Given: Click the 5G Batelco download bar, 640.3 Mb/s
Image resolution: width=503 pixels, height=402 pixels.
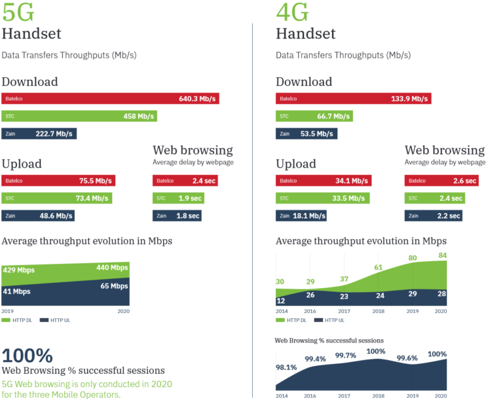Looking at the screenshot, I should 110,99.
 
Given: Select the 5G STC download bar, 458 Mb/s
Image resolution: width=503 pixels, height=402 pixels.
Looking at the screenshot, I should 79,117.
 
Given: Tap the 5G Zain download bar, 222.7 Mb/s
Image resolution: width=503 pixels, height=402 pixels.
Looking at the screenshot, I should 39,134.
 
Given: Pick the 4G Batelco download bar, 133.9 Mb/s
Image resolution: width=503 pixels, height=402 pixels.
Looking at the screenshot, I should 352,99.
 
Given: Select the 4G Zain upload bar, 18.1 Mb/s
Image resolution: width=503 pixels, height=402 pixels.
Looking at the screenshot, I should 301,215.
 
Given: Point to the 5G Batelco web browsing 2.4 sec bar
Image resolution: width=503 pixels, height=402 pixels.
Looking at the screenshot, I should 185,181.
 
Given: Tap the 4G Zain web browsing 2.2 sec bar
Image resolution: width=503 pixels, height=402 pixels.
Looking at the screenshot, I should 434,215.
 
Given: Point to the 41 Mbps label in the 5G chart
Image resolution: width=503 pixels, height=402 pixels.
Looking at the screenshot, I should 17,292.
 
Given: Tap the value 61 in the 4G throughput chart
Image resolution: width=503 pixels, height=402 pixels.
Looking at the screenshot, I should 379,267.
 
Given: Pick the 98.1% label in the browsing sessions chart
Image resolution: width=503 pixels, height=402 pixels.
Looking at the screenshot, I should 286,367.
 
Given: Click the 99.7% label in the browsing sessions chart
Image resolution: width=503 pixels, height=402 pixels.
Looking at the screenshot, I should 346,356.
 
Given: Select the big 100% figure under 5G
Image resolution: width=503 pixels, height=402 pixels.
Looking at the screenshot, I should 27,356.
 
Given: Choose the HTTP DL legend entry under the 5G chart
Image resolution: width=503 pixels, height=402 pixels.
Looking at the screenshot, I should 18,320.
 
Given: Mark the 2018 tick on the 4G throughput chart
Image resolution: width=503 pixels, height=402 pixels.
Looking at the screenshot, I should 378,312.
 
